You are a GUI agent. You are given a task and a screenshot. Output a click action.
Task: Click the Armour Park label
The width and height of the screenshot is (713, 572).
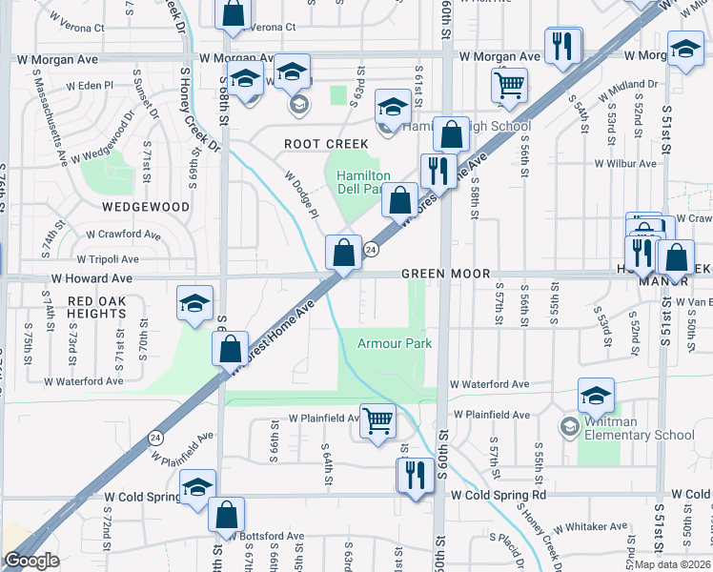click(x=394, y=343)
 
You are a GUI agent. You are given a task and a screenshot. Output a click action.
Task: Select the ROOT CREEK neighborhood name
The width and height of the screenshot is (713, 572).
click(x=326, y=144)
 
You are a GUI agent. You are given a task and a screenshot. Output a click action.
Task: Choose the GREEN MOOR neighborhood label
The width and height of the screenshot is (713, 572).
click(x=438, y=274)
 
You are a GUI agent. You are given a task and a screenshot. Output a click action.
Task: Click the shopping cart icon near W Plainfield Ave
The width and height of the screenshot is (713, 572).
click(x=378, y=420)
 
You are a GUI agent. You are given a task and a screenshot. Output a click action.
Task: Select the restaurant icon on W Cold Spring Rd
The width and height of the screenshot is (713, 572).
click(x=415, y=475)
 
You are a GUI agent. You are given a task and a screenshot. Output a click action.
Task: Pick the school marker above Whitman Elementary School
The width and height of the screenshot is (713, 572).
click(x=596, y=395)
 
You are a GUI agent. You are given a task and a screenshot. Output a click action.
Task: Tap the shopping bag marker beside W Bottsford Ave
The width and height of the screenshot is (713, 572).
click(x=227, y=515)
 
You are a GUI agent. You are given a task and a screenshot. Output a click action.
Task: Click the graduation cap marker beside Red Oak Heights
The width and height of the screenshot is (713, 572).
click(x=195, y=304)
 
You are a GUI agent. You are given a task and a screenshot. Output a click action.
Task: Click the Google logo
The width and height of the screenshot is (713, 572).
click(x=31, y=561)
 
